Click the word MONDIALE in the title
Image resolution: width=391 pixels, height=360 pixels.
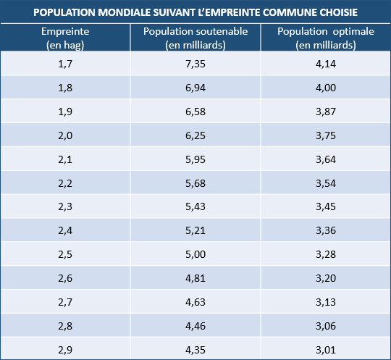[x=125, y=12]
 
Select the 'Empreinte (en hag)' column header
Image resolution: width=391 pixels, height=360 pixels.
[x=65, y=38]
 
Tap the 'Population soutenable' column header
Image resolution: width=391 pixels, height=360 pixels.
[x=195, y=38]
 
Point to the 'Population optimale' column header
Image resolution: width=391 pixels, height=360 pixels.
[x=326, y=38]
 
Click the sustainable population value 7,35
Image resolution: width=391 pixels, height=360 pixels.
[x=195, y=64]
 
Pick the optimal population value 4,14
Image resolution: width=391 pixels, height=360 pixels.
[x=326, y=64]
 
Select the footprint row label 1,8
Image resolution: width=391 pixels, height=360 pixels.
[x=65, y=88]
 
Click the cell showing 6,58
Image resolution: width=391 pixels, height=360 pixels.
[x=195, y=112]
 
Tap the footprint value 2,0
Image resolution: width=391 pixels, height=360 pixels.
[x=65, y=135]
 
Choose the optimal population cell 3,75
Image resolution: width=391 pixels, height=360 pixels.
[x=326, y=135]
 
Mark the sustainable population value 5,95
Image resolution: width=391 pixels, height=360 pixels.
[x=195, y=159]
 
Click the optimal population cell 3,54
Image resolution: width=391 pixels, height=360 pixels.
[x=326, y=183]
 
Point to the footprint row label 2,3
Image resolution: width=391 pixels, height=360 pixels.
[x=65, y=206]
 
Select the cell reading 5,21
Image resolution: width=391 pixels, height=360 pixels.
[x=195, y=230]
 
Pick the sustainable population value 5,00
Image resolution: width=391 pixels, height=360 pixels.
[x=195, y=254]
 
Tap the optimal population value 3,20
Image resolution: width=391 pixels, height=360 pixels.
[x=326, y=278]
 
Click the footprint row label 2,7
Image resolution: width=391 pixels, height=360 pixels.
[x=65, y=302]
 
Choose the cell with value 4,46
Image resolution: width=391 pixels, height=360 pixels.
[x=195, y=326]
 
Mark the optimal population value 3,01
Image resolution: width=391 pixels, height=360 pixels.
[x=326, y=350]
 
